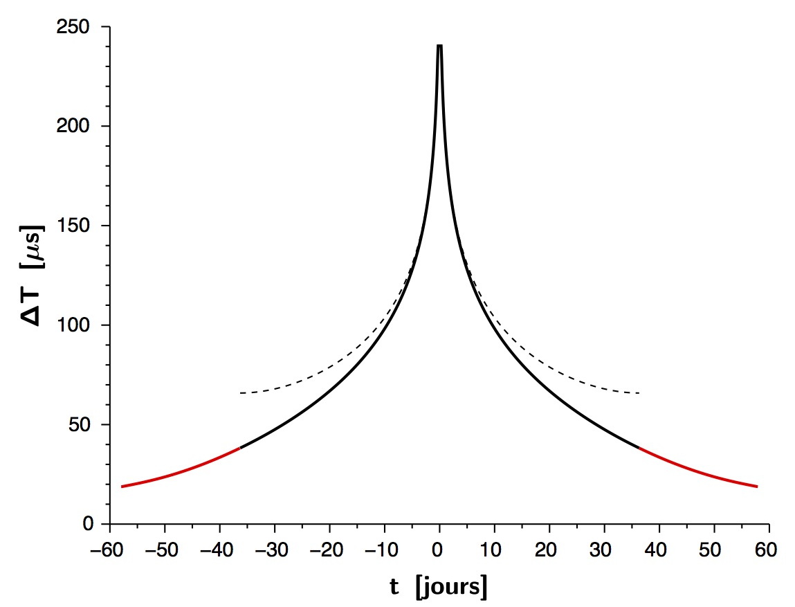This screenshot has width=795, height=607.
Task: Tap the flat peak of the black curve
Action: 439,46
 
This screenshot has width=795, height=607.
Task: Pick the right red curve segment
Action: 699,471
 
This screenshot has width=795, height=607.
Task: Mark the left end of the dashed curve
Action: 240,393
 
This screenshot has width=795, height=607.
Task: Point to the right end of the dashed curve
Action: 639,393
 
